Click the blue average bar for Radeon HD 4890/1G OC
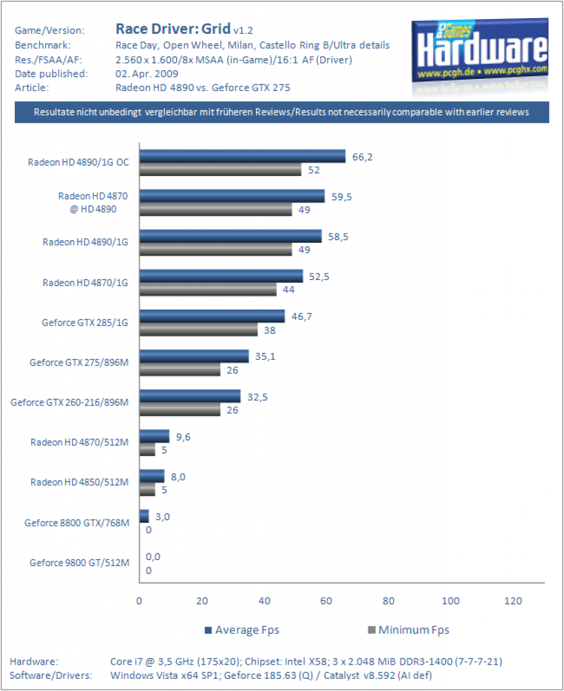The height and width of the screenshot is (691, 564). coord(242,156)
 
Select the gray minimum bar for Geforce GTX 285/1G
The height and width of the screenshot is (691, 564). coord(199,329)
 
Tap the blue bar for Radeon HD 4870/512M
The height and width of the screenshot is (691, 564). coord(154,437)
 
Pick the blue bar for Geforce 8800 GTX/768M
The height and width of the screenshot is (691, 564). coord(144,516)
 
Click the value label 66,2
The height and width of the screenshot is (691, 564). coord(363,157)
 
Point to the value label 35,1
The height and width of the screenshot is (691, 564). coord(265,356)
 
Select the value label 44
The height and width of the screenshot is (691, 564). coord(289,289)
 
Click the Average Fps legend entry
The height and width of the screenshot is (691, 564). coord(242,630)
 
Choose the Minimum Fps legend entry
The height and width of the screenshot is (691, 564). coord(409,630)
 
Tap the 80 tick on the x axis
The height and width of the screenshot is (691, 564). coord(388,601)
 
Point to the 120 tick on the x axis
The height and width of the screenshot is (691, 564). coord(513,601)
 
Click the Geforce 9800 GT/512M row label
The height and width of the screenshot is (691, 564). coord(80,563)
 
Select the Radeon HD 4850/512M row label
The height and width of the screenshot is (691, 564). coord(80,482)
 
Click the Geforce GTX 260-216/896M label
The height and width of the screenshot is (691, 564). coord(70,402)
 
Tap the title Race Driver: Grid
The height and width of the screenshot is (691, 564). coord(173,28)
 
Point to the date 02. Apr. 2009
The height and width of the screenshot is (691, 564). coord(147,74)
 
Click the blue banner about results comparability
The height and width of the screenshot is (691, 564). coord(282,112)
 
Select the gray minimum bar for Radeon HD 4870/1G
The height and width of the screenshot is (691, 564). coord(208,289)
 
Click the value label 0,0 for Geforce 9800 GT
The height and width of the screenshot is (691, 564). coord(153,557)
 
